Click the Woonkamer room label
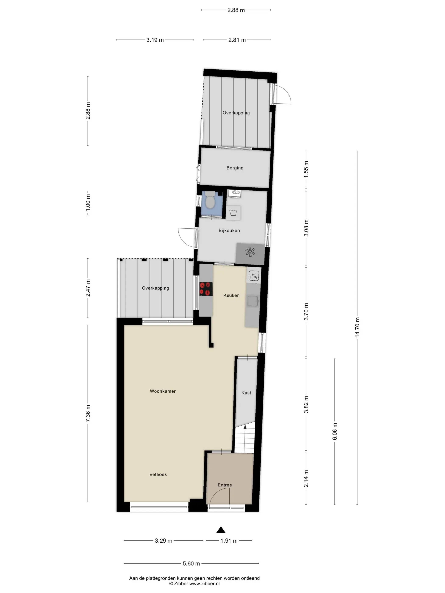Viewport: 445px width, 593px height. pos(163,391)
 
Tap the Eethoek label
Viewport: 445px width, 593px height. pos(158,474)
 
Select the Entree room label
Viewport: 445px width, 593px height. pos(224,485)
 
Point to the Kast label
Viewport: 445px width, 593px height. pos(246,393)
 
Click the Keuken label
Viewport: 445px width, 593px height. pos(231,295)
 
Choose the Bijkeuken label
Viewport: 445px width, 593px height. pos(229,230)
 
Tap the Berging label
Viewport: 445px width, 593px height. pos(235,168)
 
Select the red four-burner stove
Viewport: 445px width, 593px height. pos(206,289)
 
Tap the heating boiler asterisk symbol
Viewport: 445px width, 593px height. pos(250,252)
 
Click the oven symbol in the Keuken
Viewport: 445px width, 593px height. pos(254,276)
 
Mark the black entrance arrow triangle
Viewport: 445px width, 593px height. pos(221,530)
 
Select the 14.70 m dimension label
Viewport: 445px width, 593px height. pos(357,327)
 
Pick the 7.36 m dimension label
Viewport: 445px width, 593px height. pos(88,413)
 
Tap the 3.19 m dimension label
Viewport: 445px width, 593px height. pos(155,40)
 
